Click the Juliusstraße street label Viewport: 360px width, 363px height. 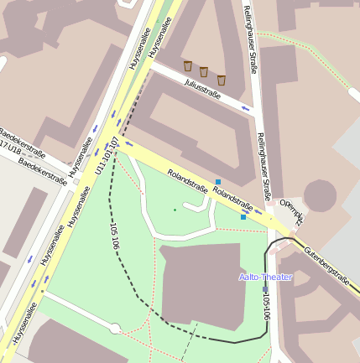click(202, 89)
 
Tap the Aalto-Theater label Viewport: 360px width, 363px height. click(265, 277)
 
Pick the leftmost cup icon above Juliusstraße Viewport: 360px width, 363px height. click(188, 65)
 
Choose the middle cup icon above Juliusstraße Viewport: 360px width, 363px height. click(204, 72)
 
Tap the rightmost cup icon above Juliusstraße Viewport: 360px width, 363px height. click(222, 80)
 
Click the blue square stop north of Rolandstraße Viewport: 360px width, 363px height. click(218, 182)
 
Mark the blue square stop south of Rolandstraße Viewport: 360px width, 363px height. click(243, 217)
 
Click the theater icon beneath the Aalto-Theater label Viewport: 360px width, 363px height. click(265, 289)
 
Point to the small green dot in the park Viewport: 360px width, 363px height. click(175, 210)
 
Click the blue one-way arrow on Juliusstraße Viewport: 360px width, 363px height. click(244, 107)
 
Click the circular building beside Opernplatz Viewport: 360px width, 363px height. click(320, 195)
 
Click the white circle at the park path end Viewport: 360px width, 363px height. click(115, 328)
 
